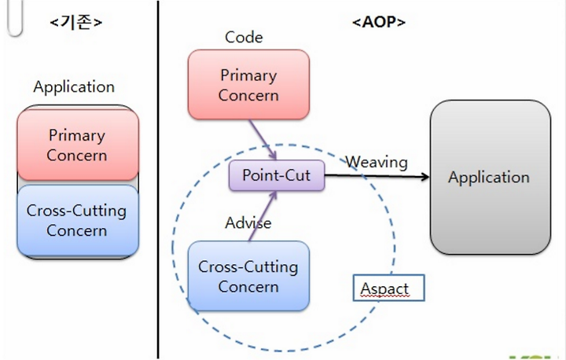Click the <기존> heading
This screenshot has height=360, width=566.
pyautogui.click(x=76, y=22)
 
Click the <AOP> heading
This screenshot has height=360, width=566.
pyautogui.click(x=379, y=22)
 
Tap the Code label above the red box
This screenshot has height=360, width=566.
pyautogui.click(x=244, y=37)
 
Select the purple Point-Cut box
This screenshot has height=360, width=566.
pyautogui.click(x=277, y=175)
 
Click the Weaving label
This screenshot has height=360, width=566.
pyautogui.click(x=377, y=162)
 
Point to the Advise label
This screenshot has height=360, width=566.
pyautogui.click(x=248, y=222)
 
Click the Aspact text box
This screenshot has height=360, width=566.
pyautogui.click(x=389, y=288)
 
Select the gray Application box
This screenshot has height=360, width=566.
pyautogui.click(x=491, y=178)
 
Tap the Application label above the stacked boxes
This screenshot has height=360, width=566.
pyautogui.click(x=74, y=87)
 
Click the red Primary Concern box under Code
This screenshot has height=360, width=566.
pyautogui.click(x=248, y=84)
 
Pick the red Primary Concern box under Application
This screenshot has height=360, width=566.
pyautogui.click(x=78, y=145)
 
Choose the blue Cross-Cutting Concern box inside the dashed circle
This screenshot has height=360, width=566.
pyautogui.click(x=248, y=276)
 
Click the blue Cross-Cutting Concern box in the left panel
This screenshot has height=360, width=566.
pyautogui.click(x=78, y=220)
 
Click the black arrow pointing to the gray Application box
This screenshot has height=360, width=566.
pyautogui.click(x=377, y=176)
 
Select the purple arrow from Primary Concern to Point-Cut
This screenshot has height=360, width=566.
pyautogui.click(x=263, y=139)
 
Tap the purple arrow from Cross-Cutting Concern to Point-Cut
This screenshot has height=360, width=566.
pyautogui.click(x=263, y=216)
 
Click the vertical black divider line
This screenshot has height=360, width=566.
pyautogui.click(x=158, y=179)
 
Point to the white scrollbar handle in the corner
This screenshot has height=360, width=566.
pyautogui.click(x=15, y=18)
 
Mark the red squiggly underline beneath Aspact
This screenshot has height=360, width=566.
pyautogui.click(x=385, y=296)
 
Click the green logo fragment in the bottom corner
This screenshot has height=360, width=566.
pyautogui.click(x=537, y=358)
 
